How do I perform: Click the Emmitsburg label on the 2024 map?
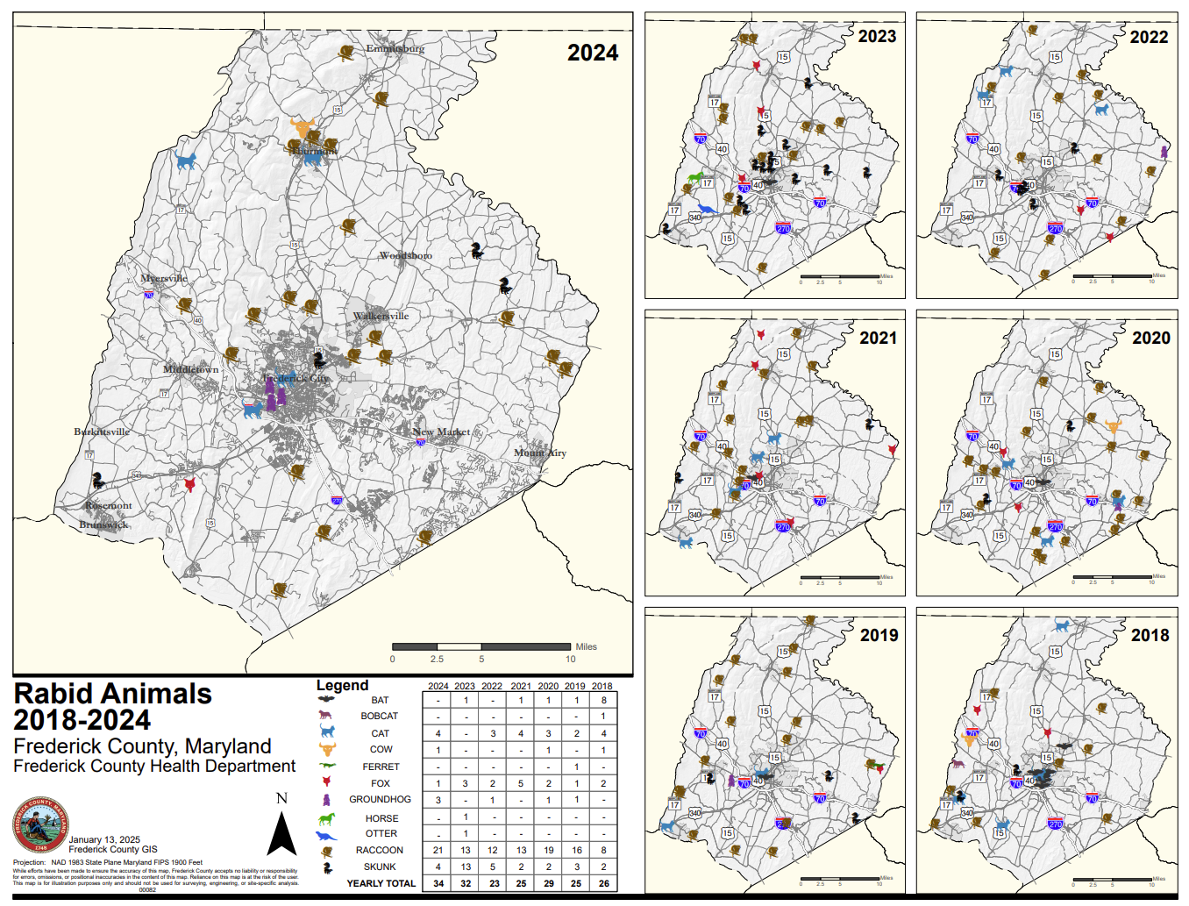[395, 48]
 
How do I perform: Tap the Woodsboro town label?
[405, 255]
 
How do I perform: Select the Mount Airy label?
[539, 453]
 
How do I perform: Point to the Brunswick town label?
[103, 524]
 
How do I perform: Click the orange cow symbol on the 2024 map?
[303, 127]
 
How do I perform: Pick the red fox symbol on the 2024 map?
[189, 484]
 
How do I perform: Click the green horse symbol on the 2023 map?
[695, 178]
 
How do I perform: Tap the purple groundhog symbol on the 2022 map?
[1164, 152]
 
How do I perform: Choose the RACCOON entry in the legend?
[379, 850]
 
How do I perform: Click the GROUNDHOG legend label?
[379, 799]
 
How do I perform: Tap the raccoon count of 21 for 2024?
[438, 850]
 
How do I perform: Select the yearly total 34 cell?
[438, 883]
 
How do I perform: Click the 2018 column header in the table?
[602, 686]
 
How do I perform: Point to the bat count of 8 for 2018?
[602, 700]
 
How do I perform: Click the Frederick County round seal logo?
[39, 824]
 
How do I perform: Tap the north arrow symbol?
[281, 833]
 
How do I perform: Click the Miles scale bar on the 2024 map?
[481, 647]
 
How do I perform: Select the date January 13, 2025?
[104, 839]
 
